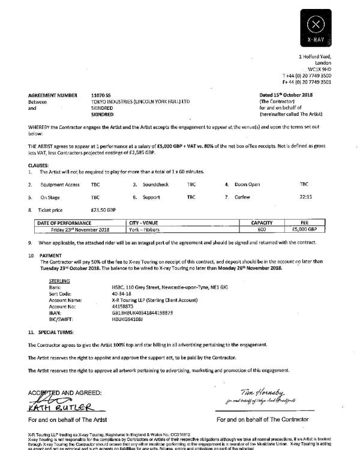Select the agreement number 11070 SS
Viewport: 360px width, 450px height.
click(101, 95)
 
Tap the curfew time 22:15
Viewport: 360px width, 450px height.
click(304, 197)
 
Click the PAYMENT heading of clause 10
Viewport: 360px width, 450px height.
click(50, 255)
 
